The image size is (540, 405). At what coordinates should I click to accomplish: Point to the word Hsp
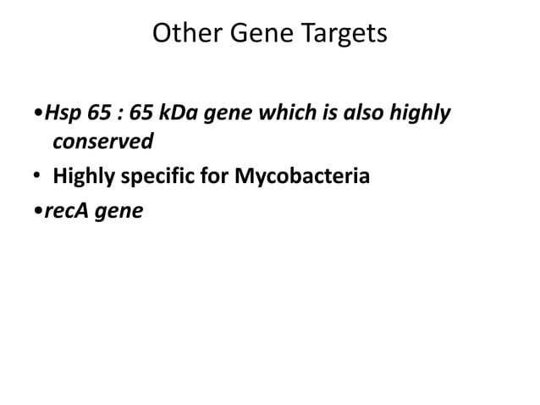pos(59,114)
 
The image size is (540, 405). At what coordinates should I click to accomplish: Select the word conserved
pos(102,141)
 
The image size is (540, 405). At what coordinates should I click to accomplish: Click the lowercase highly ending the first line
pos(427,114)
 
